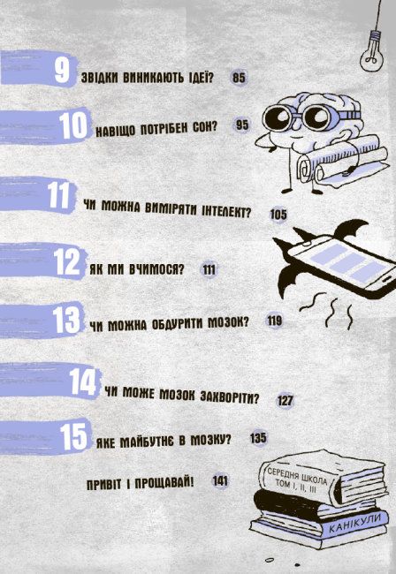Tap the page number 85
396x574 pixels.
[x=239, y=78]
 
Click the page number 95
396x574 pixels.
[x=243, y=125]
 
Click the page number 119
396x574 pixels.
[x=274, y=321]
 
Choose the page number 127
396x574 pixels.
[x=285, y=400]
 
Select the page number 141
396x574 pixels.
[x=221, y=481]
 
